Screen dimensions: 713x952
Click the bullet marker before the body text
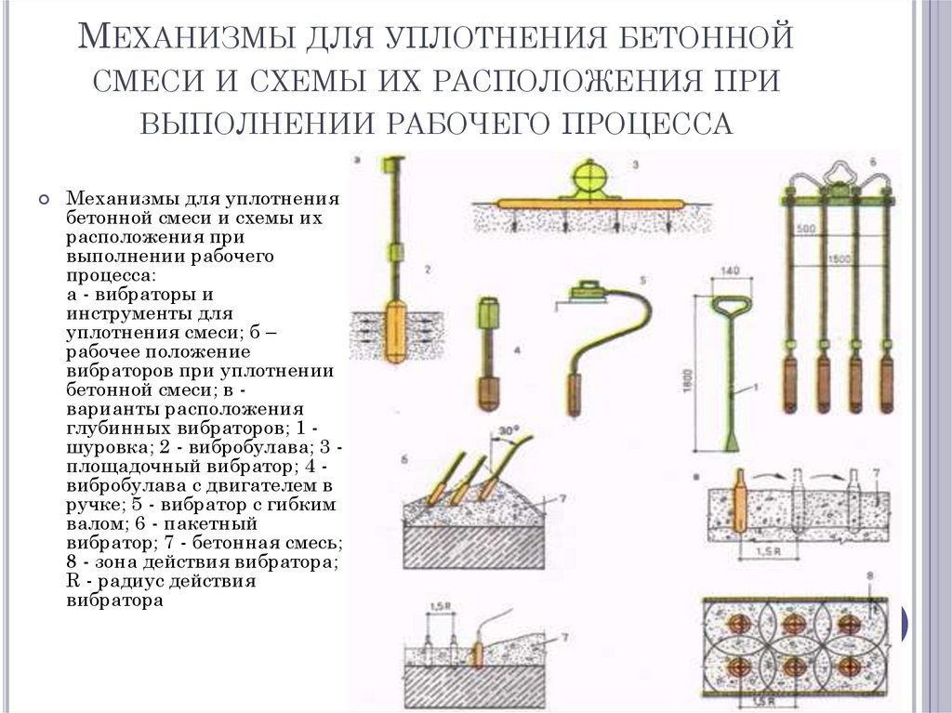coord(44,198)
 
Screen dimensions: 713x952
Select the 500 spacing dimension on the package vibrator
coord(806,228)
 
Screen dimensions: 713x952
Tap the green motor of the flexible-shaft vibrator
coord(588,291)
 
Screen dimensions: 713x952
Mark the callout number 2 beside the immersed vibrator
coord(426,270)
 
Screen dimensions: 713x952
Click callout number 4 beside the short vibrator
coord(518,350)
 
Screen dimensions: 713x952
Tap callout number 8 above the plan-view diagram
coord(869,576)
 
